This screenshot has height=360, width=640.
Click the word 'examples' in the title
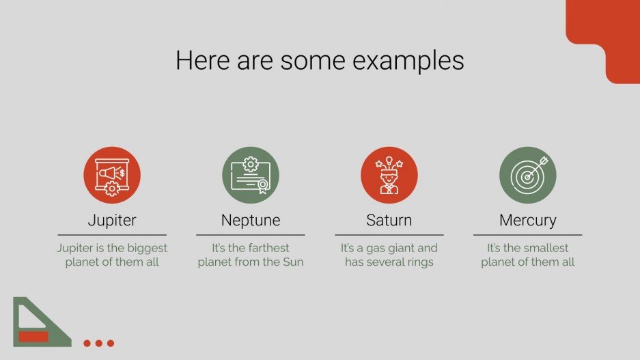point(408,60)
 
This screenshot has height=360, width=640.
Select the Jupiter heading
point(112,220)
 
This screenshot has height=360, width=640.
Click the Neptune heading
point(251,220)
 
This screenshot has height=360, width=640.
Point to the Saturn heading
point(389,220)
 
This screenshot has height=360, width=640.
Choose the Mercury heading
point(527,220)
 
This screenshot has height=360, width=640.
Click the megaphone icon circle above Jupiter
point(112,175)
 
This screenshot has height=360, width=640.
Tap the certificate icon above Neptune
point(251,175)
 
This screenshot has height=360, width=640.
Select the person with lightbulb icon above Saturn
point(389,175)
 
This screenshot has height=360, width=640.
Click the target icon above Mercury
point(527,175)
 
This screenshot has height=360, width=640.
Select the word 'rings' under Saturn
point(418,262)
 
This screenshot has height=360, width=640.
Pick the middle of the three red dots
point(98,343)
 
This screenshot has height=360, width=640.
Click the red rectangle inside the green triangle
point(33,336)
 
